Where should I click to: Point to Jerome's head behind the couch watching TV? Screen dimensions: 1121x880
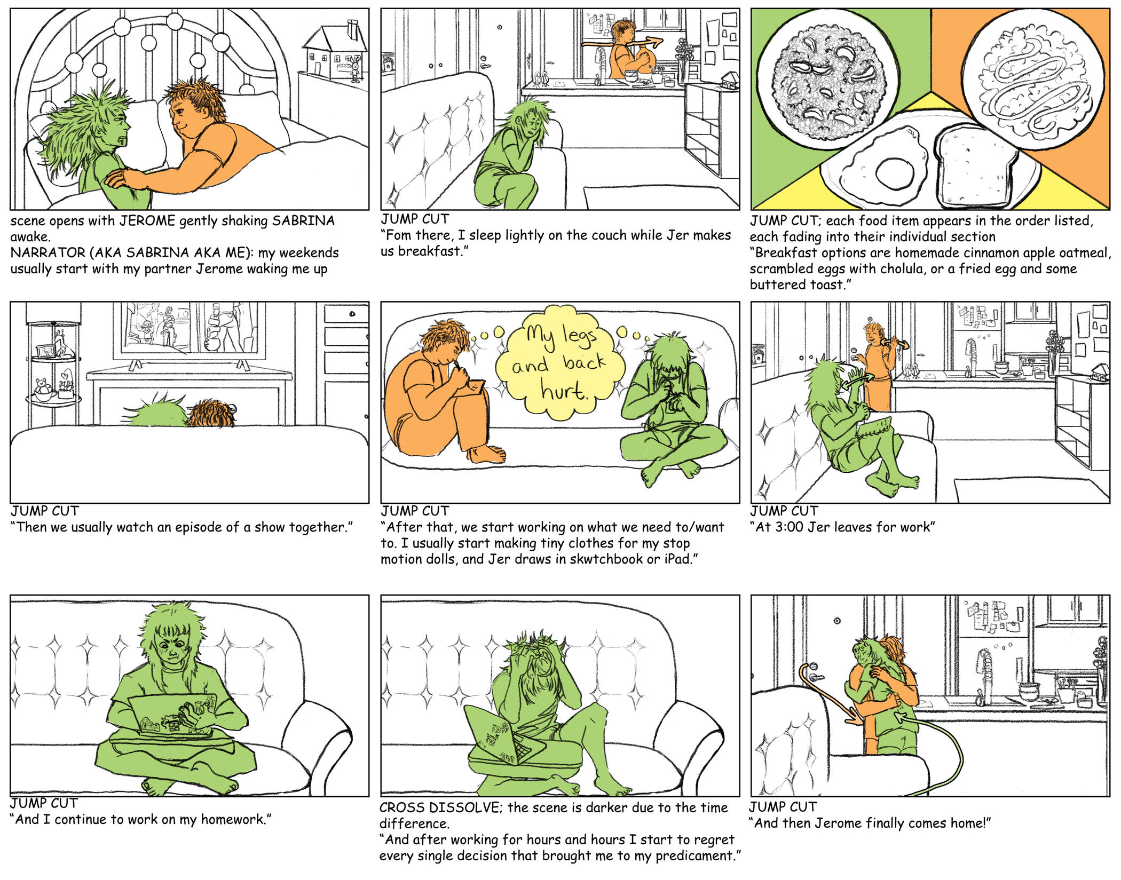click(211, 413)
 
